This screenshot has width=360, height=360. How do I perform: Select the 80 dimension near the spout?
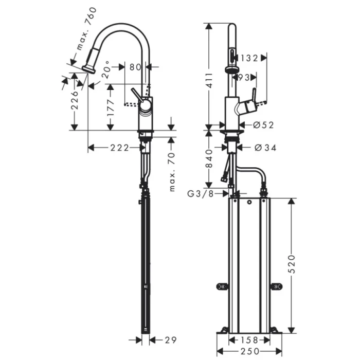[x=135, y=66]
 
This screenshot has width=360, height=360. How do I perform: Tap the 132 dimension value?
[x=248, y=58]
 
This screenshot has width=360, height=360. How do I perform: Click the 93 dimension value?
[x=243, y=77]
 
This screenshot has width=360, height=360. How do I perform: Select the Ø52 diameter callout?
[x=263, y=124]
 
